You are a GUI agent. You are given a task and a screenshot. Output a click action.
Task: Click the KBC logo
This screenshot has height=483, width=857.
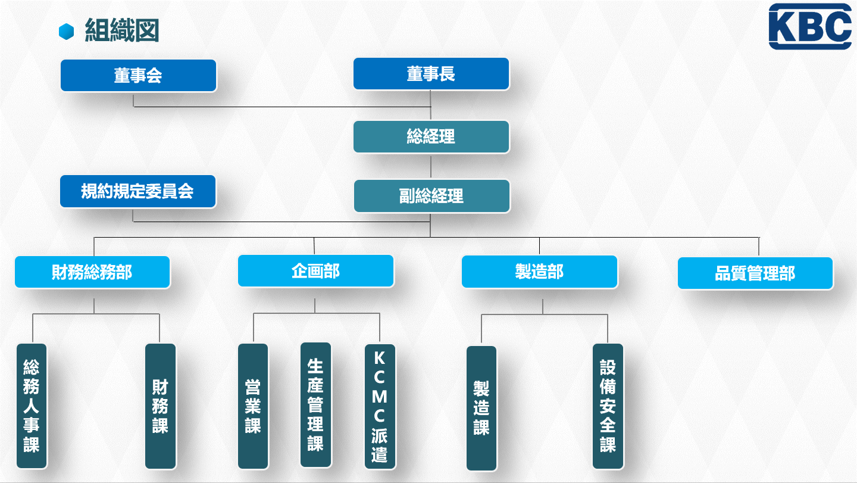[x=810, y=26]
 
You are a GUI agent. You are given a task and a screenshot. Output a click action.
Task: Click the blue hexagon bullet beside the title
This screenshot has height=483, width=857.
[x=66, y=32]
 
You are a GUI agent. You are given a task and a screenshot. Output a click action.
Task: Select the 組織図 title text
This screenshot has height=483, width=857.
[x=121, y=30]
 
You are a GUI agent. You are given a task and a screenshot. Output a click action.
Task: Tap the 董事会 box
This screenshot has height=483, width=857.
[x=138, y=76]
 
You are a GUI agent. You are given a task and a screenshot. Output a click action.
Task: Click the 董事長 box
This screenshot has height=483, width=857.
[x=431, y=74]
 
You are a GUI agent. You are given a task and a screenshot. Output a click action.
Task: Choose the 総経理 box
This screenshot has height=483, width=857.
[x=431, y=136]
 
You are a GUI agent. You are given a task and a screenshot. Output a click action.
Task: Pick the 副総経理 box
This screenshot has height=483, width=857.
[x=431, y=196]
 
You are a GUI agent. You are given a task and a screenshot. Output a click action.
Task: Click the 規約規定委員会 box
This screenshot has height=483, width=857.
[x=137, y=191]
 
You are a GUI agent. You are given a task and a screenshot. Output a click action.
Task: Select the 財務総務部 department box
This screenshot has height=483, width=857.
[x=92, y=272]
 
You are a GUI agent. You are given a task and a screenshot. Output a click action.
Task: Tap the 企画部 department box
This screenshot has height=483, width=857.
[x=315, y=271]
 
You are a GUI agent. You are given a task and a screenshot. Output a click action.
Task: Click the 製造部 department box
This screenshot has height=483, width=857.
[x=539, y=272]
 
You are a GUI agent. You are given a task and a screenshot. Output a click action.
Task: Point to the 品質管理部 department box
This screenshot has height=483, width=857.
[x=755, y=273]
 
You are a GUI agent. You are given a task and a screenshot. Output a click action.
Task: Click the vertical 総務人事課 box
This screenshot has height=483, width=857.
[x=32, y=406]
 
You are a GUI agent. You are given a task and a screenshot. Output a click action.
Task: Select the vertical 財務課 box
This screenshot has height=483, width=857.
[x=160, y=406]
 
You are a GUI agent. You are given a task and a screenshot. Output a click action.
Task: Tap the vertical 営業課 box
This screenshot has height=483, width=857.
[x=253, y=406]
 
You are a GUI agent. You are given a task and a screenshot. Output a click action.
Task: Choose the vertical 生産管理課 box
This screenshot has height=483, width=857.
[x=315, y=405]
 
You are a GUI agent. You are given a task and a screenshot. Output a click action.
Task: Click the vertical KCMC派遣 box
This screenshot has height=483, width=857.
[x=380, y=406]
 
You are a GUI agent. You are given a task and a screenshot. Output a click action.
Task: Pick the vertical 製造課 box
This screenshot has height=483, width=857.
[x=481, y=408]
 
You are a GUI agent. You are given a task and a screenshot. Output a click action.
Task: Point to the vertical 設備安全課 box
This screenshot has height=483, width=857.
[x=608, y=406]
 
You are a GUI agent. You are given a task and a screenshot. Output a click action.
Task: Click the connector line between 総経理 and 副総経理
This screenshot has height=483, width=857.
[x=431, y=167]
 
